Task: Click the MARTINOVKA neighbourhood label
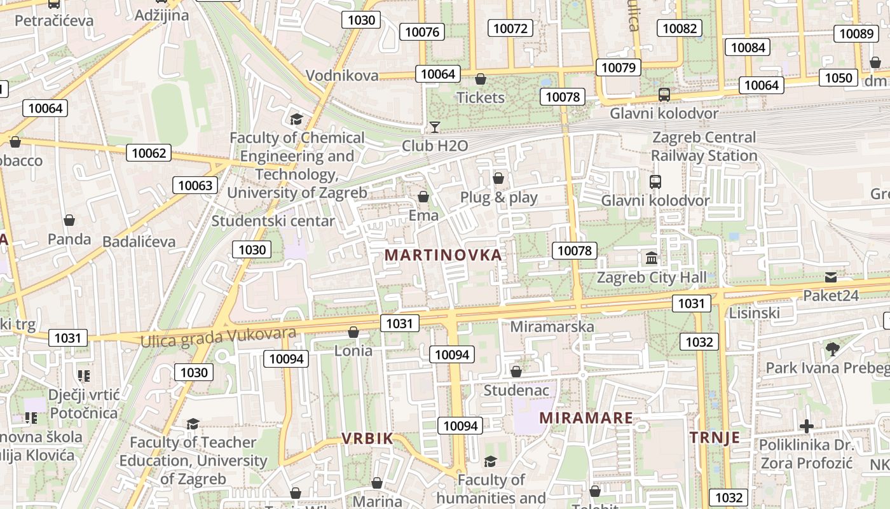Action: tap(443, 255)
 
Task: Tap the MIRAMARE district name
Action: tap(586, 418)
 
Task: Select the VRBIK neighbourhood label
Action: tap(367, 438)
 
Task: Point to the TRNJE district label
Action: tap(715, 438)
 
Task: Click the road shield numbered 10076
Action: tap(422, 32)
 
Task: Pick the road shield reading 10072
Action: tap(510, 28)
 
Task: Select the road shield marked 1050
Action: tap(838, 78)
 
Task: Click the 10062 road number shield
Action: tap(149, 153)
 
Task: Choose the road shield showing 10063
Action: tap(195, 185)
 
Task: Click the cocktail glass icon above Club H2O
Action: tap(435, 127)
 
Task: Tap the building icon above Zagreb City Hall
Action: tap(652, 258)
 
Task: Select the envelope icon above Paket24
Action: tap(830, 277)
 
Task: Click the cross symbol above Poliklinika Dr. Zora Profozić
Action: tap(806, 426)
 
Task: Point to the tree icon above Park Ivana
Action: tap(832, 349)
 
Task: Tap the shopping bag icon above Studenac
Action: tap(516, 371)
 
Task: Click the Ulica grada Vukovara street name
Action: tap(218, 337)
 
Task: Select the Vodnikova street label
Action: tap(342, 76)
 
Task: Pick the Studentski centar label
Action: tap(273, 221)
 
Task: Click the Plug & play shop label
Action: tap(499, 197)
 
